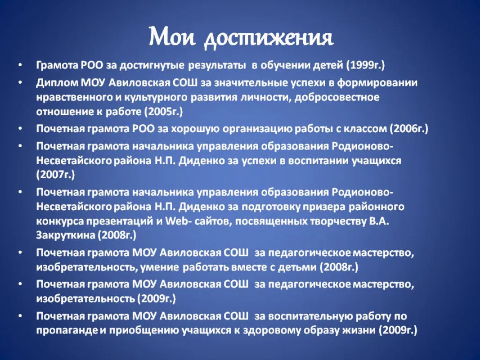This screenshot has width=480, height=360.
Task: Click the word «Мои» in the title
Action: pyautogui.click(x=172, y=37)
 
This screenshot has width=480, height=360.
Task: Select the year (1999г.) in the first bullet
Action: pyautogui.click(x=365, y=66)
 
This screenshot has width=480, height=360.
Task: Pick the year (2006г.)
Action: pyautogui.click(x=409, y=129)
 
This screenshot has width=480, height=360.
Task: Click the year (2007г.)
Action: pyautogui.click(x=55, y=175)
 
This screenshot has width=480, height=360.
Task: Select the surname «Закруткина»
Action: pyautogui.click(x=66, y=235)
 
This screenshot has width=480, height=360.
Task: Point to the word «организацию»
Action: pyautogui.click(x=257, y=129)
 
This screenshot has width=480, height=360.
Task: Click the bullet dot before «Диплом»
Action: pyautogui.click(x=20, y=83)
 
